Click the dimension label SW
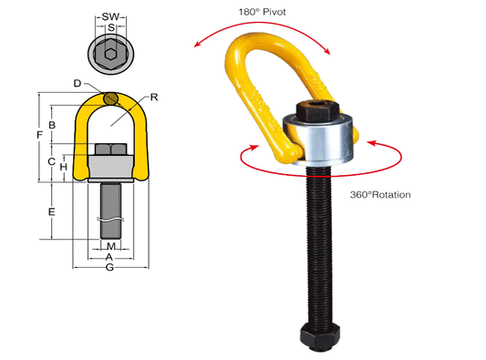point(111,16)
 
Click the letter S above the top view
point(110,28)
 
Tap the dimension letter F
point(38,135)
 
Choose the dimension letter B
point(53,124)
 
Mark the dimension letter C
point(53,161)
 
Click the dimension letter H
point(64,167)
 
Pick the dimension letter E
point(53,211)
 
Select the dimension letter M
point(110,247)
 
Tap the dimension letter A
point(110,258)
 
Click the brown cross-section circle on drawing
point(110,98)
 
